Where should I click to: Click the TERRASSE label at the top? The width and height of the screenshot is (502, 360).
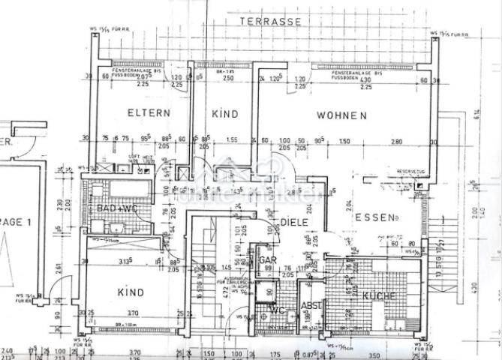[x=271, y=22]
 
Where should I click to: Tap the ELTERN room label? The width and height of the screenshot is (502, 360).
[x=149, y=114]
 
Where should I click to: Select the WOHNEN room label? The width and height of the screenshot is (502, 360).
[x=341, y=115]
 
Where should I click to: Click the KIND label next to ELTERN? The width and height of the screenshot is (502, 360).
[x=224, y=114]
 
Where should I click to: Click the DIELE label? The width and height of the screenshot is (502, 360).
[x=296, y=222]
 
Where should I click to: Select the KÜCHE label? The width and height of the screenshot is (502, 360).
[x=380, y=296]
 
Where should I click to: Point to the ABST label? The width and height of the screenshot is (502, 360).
[x=311, y=305]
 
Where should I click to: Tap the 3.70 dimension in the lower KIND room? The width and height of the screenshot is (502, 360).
[x=134, y=313]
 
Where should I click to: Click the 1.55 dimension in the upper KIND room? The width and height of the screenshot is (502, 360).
[x=231, y=140]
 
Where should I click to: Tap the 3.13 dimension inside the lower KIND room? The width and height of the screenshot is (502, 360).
[x=126, y=261]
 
